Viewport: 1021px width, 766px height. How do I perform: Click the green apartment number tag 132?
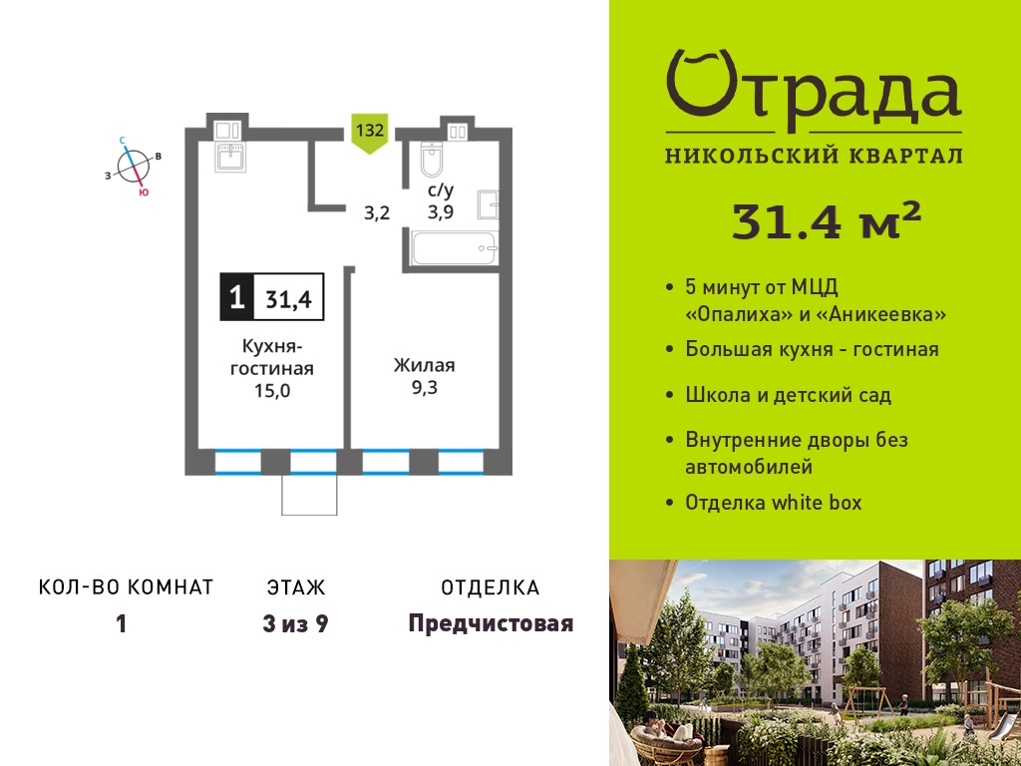point(369,134)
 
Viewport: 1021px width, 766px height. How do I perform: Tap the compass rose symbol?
point(134,167)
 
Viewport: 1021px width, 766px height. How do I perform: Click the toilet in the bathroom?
point(431,159)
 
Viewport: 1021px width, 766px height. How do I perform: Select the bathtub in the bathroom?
point(455,248)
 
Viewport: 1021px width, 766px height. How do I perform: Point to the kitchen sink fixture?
point(231,158)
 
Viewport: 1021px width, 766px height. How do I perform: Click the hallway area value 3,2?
point(376,212)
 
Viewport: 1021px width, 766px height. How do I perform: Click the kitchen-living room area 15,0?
point(272,391)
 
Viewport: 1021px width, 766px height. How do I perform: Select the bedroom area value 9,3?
point(424,388)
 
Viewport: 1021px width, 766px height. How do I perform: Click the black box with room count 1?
point(237,297)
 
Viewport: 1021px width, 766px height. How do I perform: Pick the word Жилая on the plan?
point(424,365)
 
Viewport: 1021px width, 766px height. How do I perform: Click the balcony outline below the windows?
point(309,495)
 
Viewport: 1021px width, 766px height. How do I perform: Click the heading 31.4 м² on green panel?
point(827,220)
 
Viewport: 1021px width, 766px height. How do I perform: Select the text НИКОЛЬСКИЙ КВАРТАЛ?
point(814,157)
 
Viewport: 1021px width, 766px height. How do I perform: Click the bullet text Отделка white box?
point(774,503)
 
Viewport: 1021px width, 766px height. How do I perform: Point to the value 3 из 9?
point(295,624)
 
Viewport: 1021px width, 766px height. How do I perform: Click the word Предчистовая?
point(491,624)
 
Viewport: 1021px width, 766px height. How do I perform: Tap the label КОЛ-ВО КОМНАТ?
point(127,587)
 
